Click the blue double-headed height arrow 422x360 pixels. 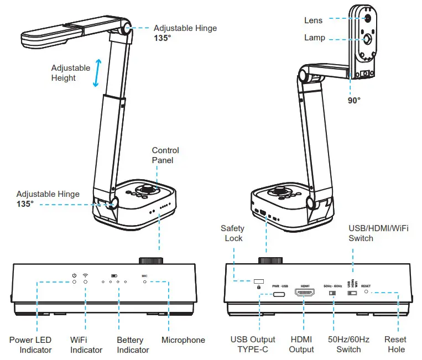pyautogui.click(x=96, y=73)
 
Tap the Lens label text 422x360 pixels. pyautogui.click(x=314, y=20)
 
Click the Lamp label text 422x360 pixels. pyautogui.click(x=314, y=38)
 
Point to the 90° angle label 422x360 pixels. pyautogui.click(x=354, y=101)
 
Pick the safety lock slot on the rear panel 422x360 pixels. pyautogui.click(x=258, y=280)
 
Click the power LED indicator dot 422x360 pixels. pyautogui.click(x=74, y=282)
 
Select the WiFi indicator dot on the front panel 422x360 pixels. pyautogui.click(x=86, y=282)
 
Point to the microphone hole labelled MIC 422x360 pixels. pyautogui.click(x=145, y=282)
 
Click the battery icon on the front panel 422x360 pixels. pyautogui.click(x=114, y=275)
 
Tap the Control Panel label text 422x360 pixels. pyautogui.click(x=165, y=155)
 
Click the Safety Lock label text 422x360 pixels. pyautogui.click(x=232, y=233)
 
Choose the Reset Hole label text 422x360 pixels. pyautogui.click(x=395, y=344)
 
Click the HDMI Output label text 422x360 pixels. pyautogui.click(x=301, y=344)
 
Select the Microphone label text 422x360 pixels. pyautogui.click(x=183, y=340)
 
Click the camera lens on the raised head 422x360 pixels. pyautogui.click(x=367, y=18)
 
